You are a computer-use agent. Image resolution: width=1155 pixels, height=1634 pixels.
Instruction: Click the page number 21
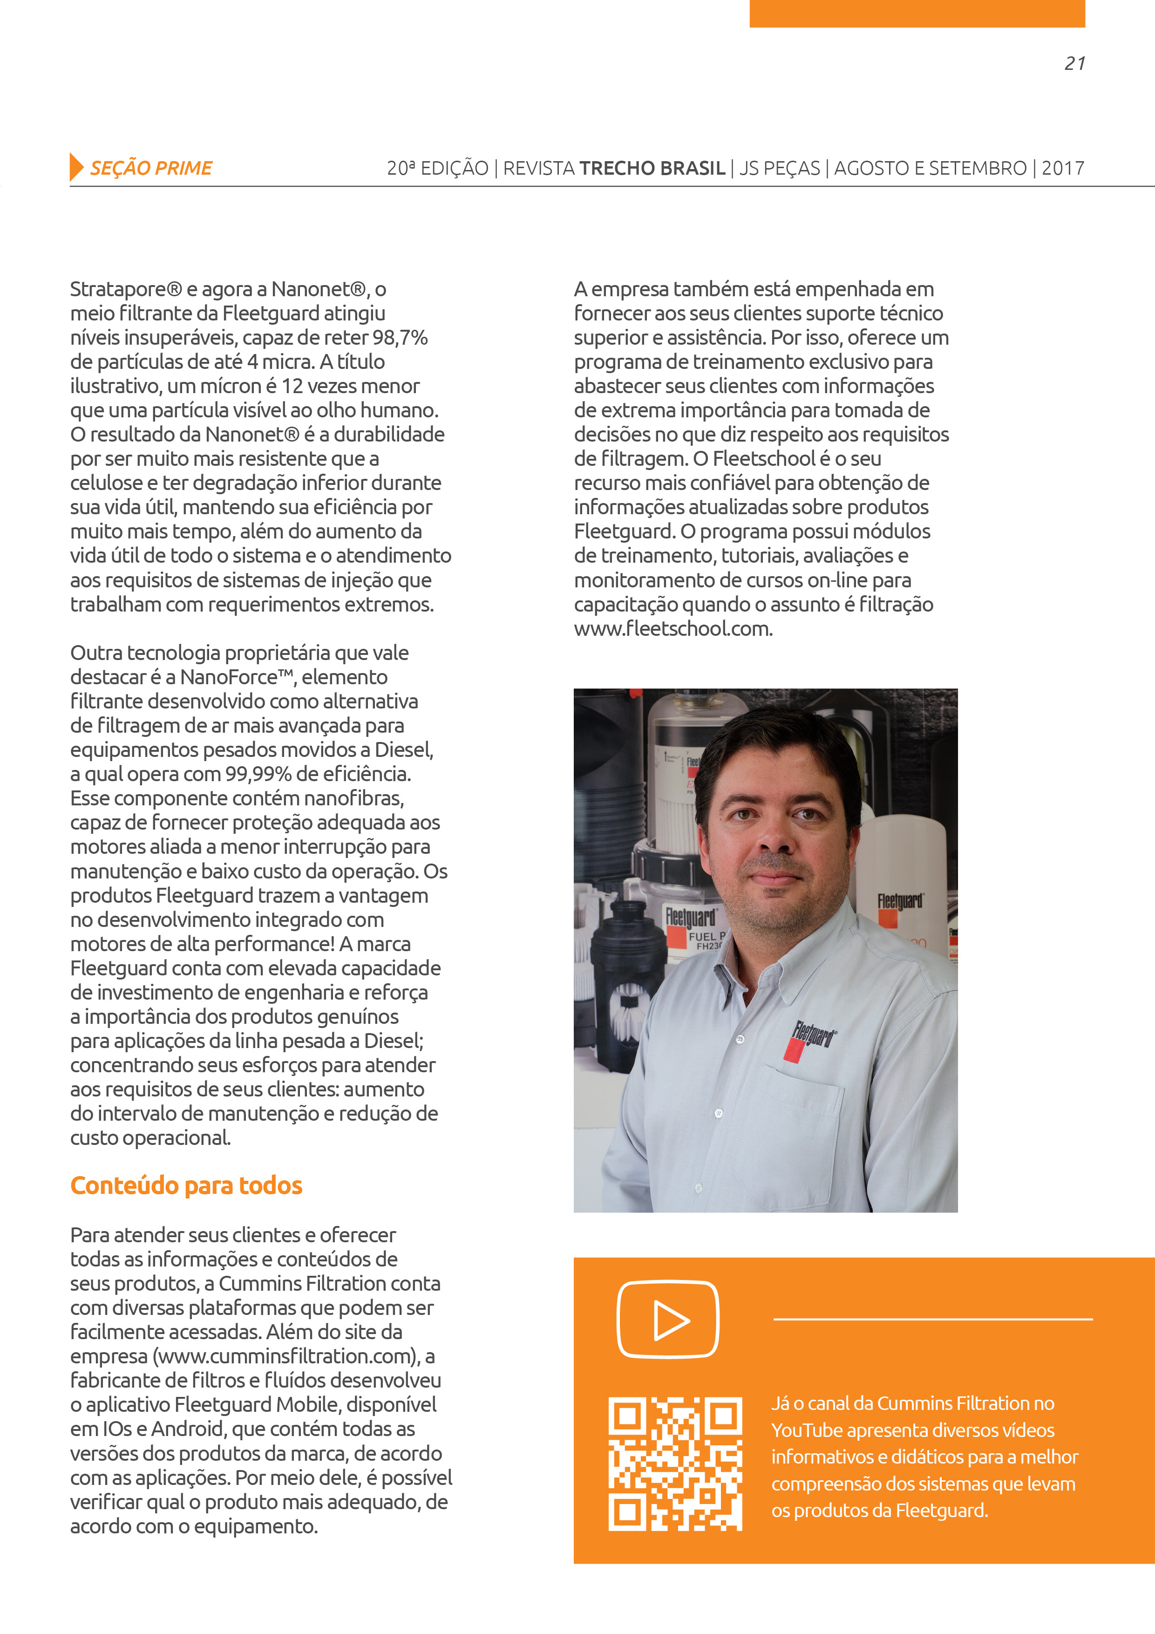point(1074,64)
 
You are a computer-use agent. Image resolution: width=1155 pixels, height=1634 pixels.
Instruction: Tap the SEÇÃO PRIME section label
point(151,169)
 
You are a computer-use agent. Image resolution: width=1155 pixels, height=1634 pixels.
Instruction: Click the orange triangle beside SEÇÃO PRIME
point(76,167)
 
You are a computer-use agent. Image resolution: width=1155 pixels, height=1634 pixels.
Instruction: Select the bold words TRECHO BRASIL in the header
point(652,169)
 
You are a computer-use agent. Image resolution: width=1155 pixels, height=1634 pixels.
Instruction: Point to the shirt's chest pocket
point(797,1124)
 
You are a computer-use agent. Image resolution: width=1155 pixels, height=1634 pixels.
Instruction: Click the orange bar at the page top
point(917,13)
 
